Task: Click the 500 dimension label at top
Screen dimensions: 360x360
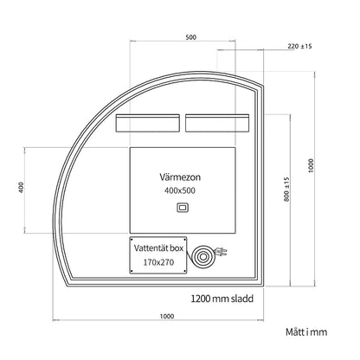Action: click(x=190, y=37)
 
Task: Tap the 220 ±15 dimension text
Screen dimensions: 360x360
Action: click(x=299, y=46)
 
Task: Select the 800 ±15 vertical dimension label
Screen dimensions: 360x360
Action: click(x=286, y=189)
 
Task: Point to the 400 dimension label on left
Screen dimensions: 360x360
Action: click(x=21, y=187)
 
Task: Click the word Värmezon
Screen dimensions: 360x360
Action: click(x=180, y=177)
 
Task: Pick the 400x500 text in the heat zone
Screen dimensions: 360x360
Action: click(x=180, y=190)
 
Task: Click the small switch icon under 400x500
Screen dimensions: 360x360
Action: click(x=183, y=208)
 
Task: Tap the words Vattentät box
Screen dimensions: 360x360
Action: click(x=158, y=248)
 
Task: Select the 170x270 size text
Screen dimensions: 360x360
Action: click(x=158, y=262)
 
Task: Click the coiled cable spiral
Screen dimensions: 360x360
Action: click(x=202, y=256)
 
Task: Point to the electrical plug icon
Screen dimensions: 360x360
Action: click(x=221, y=252)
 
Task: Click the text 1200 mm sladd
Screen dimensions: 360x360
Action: click(x=222, y=299)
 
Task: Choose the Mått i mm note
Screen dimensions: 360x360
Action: click(x=306, y=332)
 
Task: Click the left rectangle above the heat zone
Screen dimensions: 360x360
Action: click(x=148, y=123)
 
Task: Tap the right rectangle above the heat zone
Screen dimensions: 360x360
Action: click(x=217, y=123)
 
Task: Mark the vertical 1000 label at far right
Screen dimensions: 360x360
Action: click(x=311, y=165)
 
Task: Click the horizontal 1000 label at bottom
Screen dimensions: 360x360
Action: click(x=167, y=317)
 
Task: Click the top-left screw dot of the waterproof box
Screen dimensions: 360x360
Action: click(x=132, y=239)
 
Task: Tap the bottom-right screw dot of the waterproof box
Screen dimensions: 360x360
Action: click(x=184, y=271)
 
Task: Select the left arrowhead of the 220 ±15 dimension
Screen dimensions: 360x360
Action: click(x=220, y=50)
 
